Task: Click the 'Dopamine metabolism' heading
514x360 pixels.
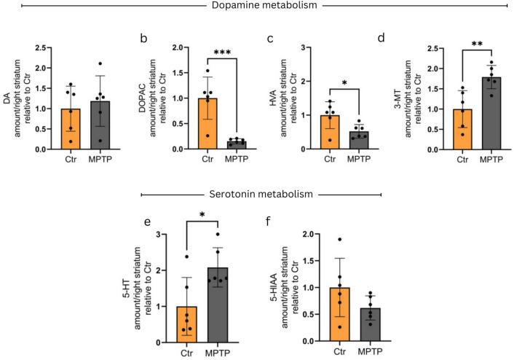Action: (x=256, y=7)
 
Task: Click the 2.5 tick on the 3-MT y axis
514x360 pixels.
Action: (x=424, y=49)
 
